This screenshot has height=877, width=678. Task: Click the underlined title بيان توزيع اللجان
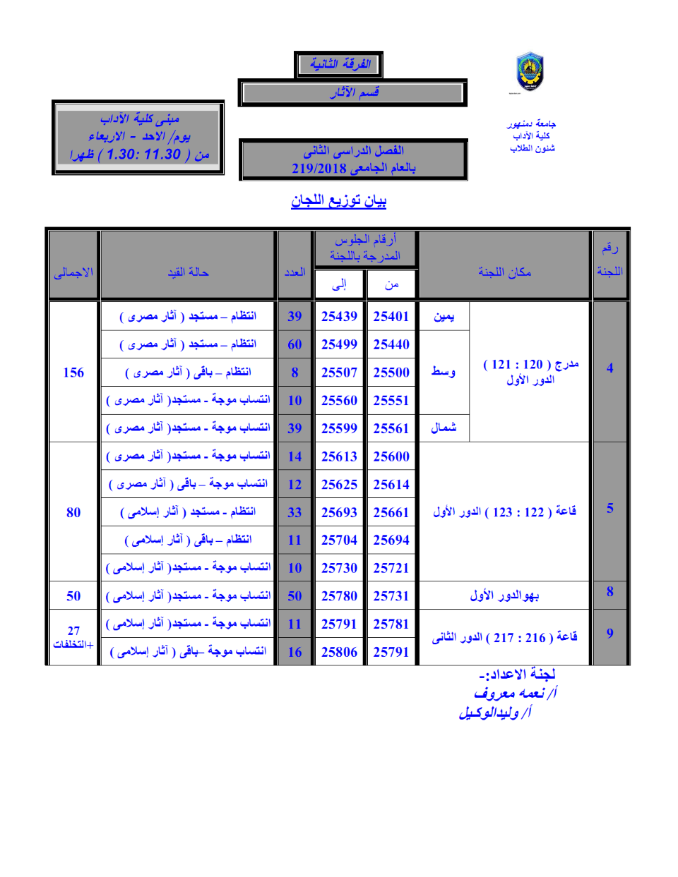coord(339,201)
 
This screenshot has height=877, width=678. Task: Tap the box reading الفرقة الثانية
coord(339,64)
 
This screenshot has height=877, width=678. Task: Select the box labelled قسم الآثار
coord(352,92)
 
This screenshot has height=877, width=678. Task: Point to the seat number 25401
coord(391,317)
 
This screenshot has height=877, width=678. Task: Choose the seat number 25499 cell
coord(339,344)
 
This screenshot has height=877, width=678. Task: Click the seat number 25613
coord(339,456)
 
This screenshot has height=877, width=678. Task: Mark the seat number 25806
coord(339,652)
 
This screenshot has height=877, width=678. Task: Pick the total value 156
coord(73,373)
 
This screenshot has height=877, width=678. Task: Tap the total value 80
coord(73,512)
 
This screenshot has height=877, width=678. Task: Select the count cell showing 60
coord(295,344)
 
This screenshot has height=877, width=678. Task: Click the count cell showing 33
coord(295,512)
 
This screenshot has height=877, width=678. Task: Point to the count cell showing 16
coord(295,652)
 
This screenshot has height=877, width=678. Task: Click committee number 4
coord(609,368)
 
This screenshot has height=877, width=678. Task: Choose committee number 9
coord(609,634)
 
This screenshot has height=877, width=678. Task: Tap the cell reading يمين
coord(444,317)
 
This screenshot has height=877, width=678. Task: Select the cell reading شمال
coord(444,428)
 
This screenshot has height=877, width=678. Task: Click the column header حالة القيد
coord(188,272)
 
